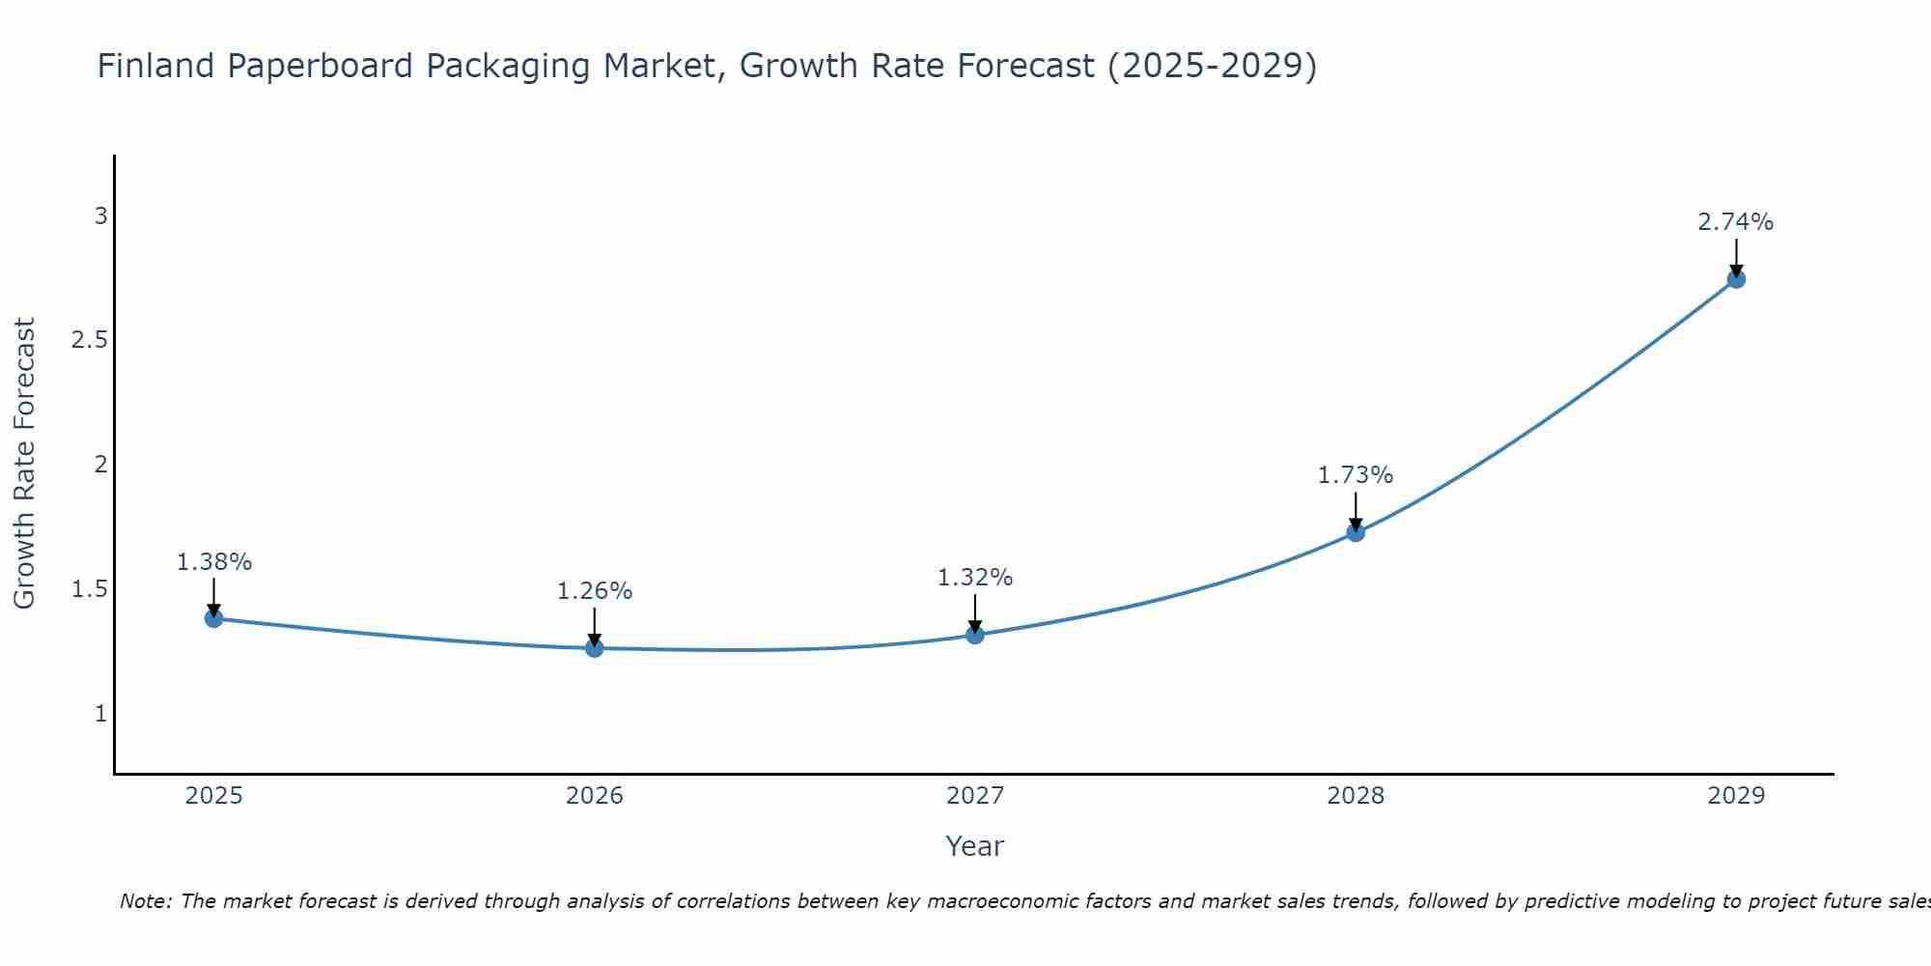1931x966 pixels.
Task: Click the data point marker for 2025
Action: [214, 618]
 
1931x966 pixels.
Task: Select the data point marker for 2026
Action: [595, 648]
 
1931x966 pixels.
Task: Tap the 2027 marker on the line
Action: [975, 635]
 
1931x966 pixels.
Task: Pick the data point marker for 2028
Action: [1356, 532]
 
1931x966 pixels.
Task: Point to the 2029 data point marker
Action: [1736, 279]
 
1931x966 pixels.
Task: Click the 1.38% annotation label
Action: [214, 562]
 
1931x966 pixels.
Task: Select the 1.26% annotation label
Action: [595, 591]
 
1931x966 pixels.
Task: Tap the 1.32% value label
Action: [975, 578]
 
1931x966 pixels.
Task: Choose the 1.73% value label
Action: [1356, 475]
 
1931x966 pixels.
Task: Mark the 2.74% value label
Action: [1736, 222]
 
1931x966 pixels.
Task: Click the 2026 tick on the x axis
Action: [595, 796]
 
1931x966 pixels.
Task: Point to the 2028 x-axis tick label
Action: [1356, 796]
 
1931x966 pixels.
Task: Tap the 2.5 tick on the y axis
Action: [89, 340]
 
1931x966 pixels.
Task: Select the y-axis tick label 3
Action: [100, 216]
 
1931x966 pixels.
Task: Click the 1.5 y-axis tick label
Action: [89, 589]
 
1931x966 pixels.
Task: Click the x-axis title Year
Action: [975, 846]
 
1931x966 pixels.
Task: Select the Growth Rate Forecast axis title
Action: [24, 464]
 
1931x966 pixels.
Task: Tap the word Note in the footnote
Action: [145, 901]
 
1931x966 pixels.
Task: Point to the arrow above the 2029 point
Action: [1736, 257]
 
